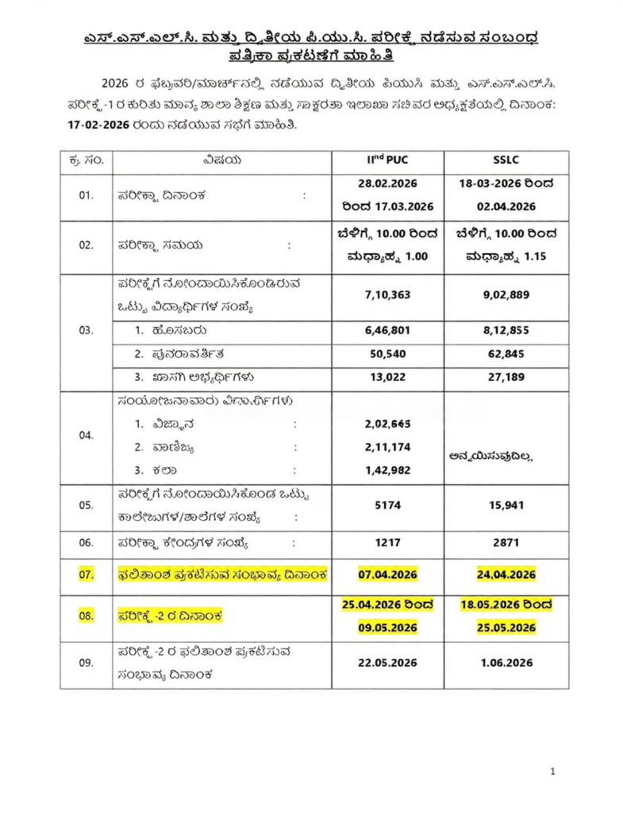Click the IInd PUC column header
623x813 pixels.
387,161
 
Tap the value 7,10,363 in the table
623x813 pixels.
387,295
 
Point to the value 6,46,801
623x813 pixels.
387,330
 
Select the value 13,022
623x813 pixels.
387,377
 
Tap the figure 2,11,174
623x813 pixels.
387,447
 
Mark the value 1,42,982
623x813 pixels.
387,470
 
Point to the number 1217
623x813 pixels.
387,543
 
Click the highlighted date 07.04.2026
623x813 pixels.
387,574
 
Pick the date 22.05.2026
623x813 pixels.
387,662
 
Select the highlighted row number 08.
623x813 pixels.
86,615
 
